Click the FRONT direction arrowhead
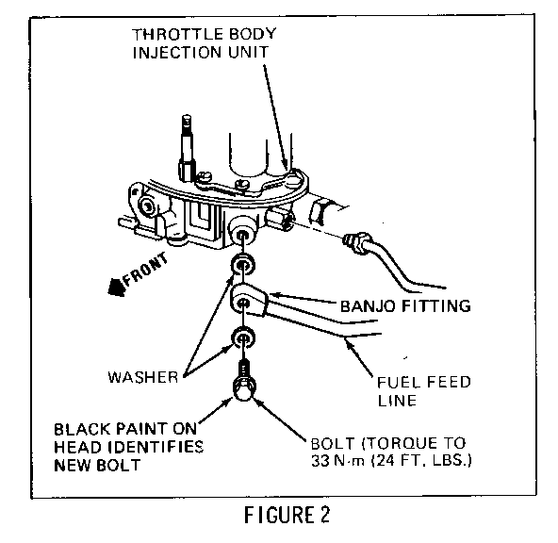tap(117, 287)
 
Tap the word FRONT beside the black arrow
tap(145, 269)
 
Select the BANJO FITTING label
tap(405, 306)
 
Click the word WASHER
tap(142, 377)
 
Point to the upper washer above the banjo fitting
tap(243, 265)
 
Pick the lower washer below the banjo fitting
tap(243, 337)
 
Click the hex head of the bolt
tap(243, 389)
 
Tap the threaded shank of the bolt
tap(243, 369)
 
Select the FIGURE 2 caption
tap(287, 515)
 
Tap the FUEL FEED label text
tap(424, 382)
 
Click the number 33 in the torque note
tap(320, 460)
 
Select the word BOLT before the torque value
tap(333, 443)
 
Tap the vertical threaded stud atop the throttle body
tap(187, 147)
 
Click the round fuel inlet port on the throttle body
tap(242, 232)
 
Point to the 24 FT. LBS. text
tap(421, 460)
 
